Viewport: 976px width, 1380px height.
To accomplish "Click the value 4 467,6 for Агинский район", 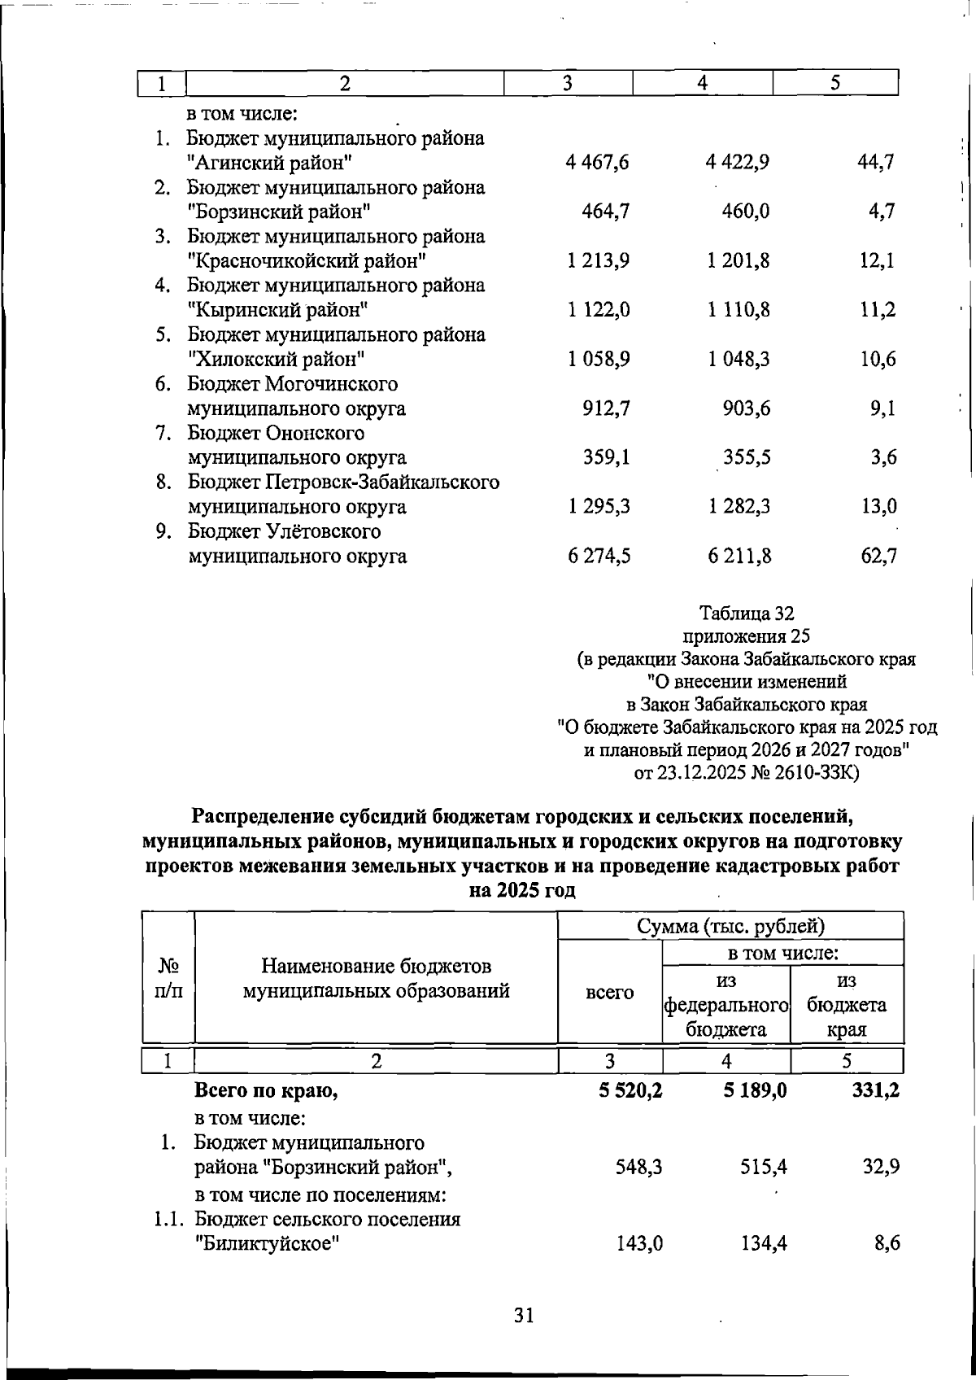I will tap(599, 163).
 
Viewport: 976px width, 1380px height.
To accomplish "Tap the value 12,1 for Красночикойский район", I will tap(878, 261).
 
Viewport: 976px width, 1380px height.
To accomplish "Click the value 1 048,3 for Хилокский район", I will tap(739, 360).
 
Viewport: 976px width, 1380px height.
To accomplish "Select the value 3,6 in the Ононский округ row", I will tap(882, 458).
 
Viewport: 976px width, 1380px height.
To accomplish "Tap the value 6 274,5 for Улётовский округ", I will tap(600, 557).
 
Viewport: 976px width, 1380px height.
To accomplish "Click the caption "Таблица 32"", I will tap(747, 612).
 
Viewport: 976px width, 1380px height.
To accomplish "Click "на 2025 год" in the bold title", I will tap(523, 890).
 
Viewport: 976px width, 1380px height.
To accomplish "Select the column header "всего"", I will tap(609, 992).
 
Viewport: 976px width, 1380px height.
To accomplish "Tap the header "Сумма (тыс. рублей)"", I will tap(730, 926).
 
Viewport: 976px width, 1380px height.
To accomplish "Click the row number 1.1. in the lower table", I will tap(171, 1219).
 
